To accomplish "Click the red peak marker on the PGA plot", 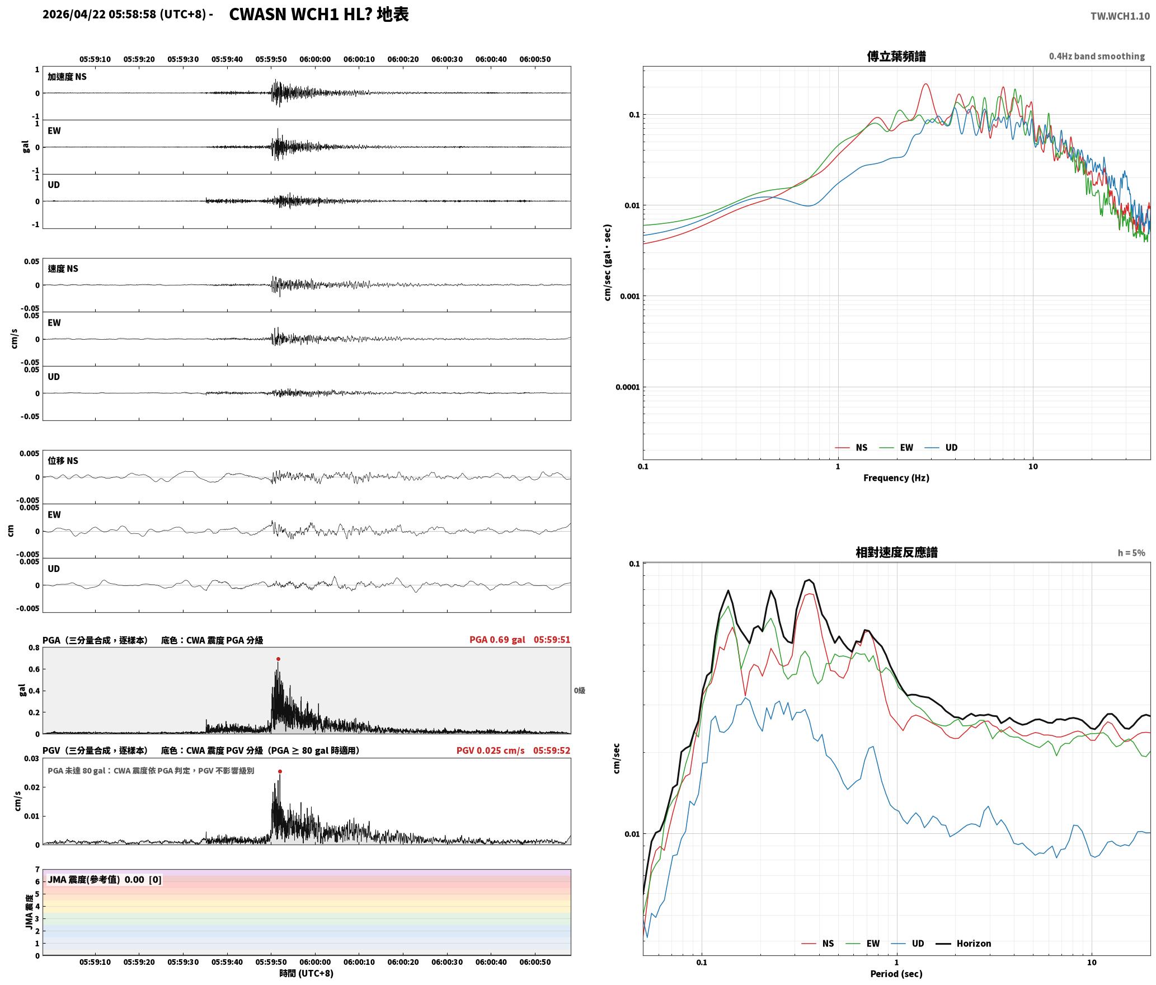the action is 278,659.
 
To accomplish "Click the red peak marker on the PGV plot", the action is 280,772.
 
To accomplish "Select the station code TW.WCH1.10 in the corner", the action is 1120,16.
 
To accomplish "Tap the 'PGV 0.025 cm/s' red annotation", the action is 490,751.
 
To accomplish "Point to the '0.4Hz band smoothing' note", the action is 1097,57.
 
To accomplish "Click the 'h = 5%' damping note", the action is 1131,553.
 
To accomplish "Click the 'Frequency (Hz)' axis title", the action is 896,478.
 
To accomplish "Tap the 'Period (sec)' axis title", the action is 896,974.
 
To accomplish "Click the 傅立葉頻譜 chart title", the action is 896,57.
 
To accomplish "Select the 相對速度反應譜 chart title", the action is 896,552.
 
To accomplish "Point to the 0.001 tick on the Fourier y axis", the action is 629,296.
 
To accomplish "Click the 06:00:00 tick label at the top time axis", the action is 315,59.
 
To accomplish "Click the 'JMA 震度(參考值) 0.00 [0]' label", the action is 105,879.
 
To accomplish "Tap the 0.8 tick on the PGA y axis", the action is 34,648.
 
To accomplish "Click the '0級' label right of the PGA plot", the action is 579,691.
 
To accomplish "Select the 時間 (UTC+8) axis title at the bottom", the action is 307,973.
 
